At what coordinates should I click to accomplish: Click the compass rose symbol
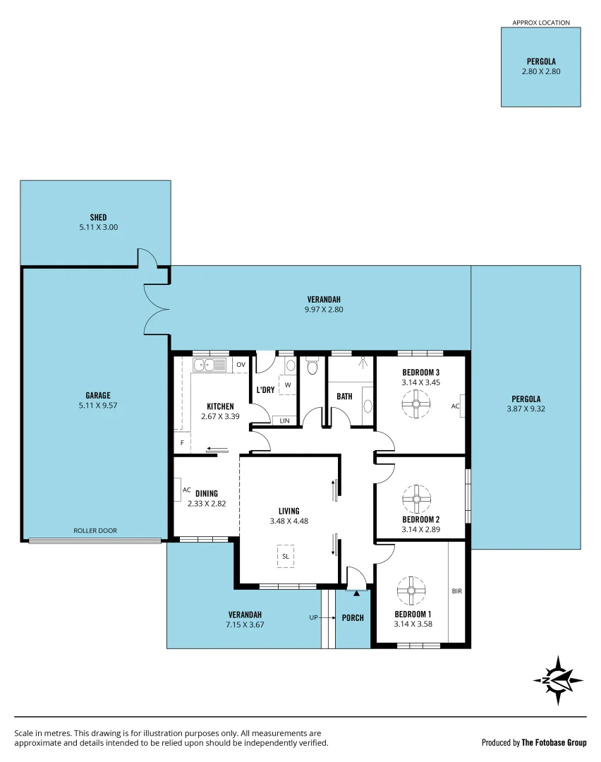[x=559, y=680]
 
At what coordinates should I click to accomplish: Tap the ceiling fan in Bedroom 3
[x=416, y=405]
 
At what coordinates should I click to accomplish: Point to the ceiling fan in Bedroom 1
[x=411, y=591]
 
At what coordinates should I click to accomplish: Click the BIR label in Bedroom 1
[x=456, y=591]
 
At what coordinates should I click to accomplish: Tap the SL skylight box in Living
[x=286, y=555]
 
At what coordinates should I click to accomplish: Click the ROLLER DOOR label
[x=95, y=531]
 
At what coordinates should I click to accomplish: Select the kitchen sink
[x=210, y=365]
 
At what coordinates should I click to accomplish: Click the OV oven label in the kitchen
[x=241, y=365]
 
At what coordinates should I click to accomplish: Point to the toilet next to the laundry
[x=313, y=367]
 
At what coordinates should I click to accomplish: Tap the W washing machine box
[x=288, y=385]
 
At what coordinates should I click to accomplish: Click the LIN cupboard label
[x=284, y=421]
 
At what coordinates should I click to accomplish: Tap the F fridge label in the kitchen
[x=182, y=443]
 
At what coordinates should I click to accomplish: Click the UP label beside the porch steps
[x=314, y=617]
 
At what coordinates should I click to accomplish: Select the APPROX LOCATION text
[x=540, y=23]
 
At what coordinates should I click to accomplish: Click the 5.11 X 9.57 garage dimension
[x=99, y=406]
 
